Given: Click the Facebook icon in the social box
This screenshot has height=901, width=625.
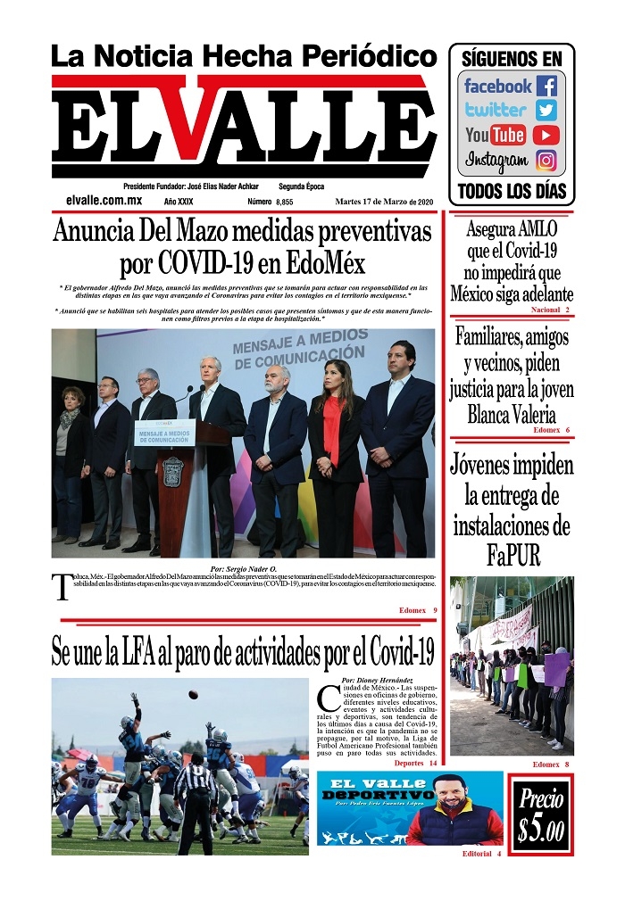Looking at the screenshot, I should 546,87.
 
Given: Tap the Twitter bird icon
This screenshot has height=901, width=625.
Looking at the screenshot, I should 546,111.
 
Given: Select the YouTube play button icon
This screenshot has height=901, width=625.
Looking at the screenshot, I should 546,136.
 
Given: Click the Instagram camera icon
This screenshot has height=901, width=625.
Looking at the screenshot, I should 546,161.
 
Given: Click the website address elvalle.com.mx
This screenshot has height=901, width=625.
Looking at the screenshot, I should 104,202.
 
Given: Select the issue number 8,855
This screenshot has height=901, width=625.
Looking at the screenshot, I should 284,203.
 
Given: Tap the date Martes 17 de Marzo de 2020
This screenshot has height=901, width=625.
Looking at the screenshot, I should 385,203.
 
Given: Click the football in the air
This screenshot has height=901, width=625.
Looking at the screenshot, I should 194,694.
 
